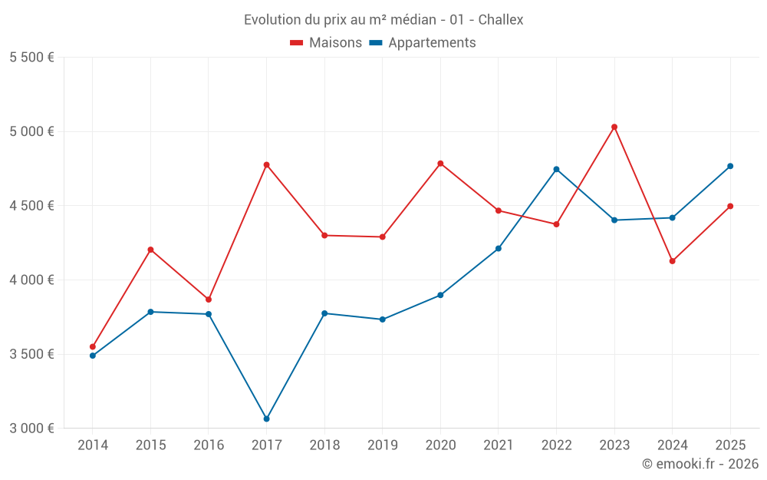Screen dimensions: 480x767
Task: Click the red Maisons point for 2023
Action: point(614,127)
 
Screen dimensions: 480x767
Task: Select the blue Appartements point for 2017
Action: point(266,419)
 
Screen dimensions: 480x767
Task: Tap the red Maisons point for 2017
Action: point(266,164)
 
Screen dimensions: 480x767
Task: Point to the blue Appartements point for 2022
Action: point(556,169)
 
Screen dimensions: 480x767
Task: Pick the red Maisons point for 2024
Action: point(673,261)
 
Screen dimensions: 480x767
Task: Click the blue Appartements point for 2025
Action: point(730,166)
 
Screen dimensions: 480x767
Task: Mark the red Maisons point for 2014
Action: point(93,346)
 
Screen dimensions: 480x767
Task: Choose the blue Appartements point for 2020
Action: point(440,295)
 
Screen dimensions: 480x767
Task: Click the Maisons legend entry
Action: point(326,43)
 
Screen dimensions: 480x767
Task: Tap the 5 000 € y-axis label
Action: point(31,131)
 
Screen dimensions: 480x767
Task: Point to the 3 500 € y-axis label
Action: point(31,354)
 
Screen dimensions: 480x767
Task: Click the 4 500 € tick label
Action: point(31,206)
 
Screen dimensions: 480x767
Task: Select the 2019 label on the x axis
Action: point(382,445)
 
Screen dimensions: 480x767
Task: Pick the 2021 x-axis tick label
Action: point(499,445)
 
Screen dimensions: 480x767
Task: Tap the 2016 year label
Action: point(209,445)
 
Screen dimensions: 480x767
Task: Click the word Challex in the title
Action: point(501,20)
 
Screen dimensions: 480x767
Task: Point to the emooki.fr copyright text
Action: point(700,464)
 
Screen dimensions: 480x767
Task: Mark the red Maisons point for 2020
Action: point(440,163)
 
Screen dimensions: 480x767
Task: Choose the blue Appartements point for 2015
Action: point(150,312)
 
